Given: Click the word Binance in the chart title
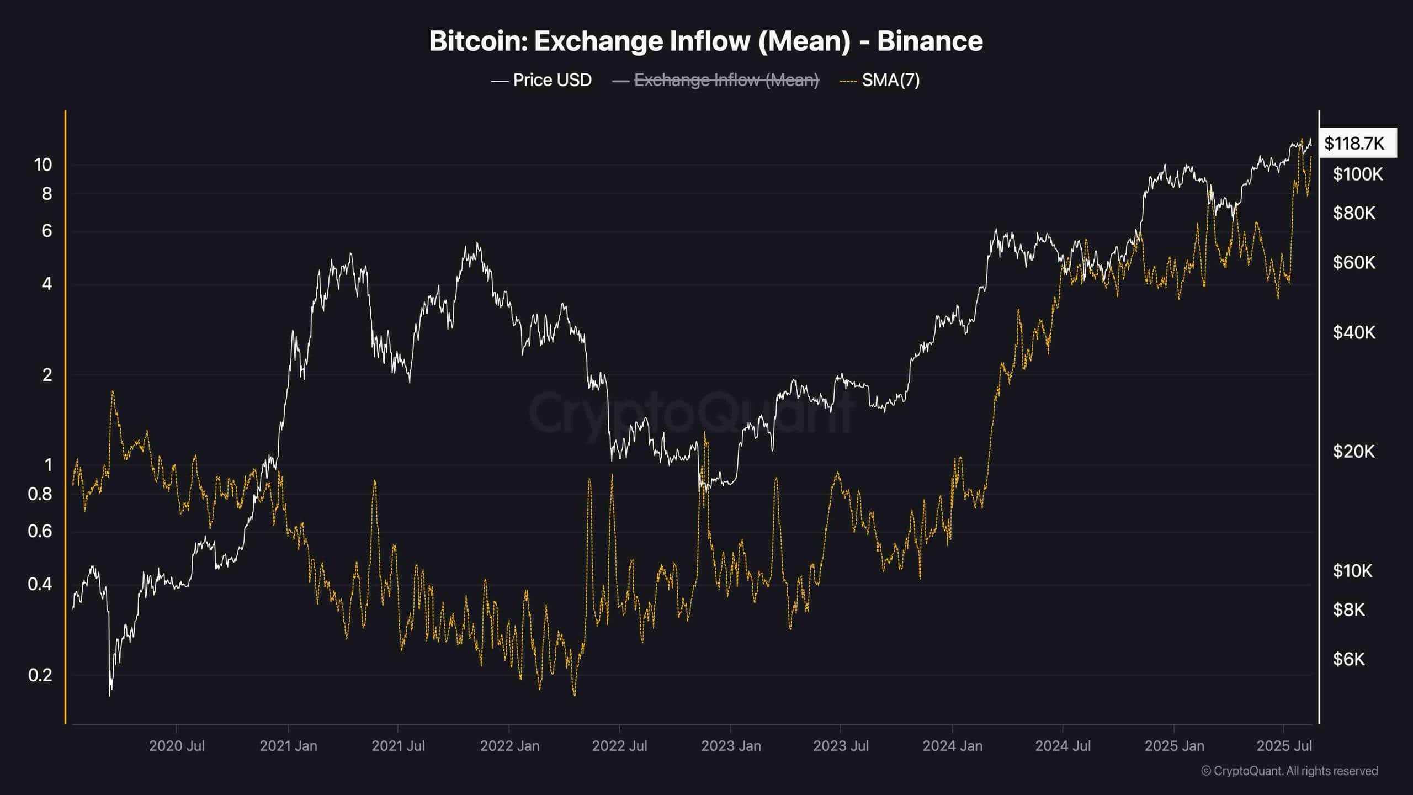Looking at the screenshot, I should (929, 41).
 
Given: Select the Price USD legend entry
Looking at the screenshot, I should (551, 80).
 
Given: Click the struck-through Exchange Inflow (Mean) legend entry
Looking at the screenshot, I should (726, 80).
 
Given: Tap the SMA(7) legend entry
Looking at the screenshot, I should (890, 80).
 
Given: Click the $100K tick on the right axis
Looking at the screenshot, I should (1357, 174).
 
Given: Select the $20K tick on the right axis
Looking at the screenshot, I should (1353, 452).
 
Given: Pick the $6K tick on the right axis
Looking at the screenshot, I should (1348, 659).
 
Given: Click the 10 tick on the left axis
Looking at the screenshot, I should (43, 165).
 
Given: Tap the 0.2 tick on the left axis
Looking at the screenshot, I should (40, 675).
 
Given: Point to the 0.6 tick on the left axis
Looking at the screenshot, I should (40, 531).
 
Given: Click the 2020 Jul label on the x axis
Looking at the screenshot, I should (177, 746).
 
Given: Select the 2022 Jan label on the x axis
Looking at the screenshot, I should (509, 746).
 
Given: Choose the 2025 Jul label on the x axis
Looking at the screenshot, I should (1284, 746).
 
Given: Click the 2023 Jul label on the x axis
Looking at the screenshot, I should (841, 746).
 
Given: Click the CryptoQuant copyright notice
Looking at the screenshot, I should (1289, 771).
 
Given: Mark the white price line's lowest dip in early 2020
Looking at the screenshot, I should (110, 695).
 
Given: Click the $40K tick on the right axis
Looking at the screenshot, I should (1353, 332).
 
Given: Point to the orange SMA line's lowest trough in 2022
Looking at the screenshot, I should (575, 695).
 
